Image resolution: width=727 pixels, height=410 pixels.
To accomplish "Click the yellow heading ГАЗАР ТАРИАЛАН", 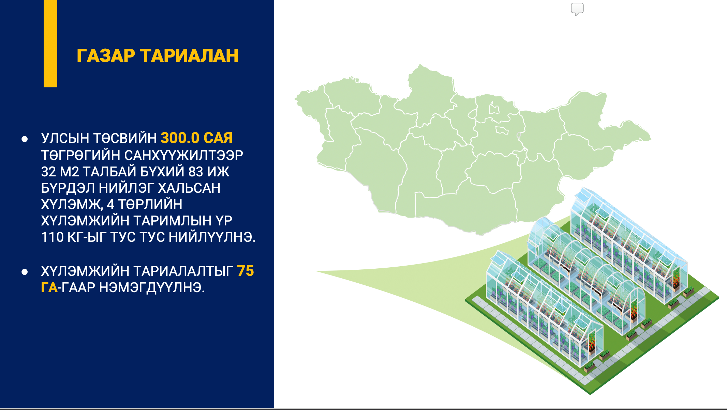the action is click(x=158, y=56).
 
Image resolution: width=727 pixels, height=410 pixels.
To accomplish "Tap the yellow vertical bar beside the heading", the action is click(x=50, y=44).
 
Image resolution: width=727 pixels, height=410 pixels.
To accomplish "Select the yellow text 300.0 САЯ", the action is click(x=197, y=138).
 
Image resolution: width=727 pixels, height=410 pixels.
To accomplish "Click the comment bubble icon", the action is click(x=577, y=9).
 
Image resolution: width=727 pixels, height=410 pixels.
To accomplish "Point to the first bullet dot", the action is click(x=25, y=139).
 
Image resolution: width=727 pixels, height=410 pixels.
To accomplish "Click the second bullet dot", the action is click(x=25, y=272).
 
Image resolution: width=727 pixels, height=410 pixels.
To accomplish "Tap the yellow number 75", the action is click(x=246, y=271).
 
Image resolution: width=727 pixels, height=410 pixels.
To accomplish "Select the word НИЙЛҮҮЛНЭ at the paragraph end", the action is click(x=212, y=237).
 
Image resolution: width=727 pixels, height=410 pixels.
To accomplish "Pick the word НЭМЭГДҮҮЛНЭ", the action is click(x=152, y=288).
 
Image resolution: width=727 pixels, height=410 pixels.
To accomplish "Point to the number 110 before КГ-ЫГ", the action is click(x=52, y=237).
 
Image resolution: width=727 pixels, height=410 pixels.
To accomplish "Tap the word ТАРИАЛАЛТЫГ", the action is click(x=183, y=271).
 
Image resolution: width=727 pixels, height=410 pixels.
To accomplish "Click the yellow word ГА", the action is click(x=49, y=288).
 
